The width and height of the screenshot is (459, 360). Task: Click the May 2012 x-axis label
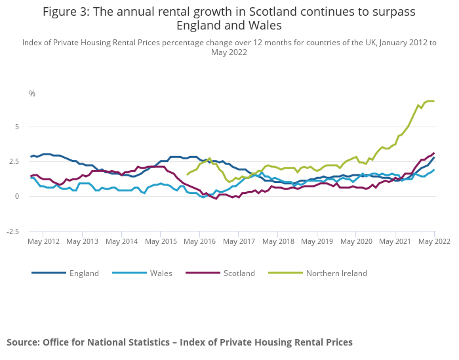point(43,241)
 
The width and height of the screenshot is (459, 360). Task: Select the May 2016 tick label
point(200,241)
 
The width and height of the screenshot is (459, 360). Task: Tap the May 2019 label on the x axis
point(317,241)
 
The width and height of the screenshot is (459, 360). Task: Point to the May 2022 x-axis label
point(435,241)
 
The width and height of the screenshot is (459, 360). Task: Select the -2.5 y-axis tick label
point(21,231)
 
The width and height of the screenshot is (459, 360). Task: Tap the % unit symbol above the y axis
point(31,94)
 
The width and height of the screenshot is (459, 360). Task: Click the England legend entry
point(84,273)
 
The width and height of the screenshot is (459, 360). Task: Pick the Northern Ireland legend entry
point(336,273)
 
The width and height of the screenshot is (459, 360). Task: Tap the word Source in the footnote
point(23,342)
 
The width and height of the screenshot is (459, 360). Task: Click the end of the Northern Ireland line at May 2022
point(434,101)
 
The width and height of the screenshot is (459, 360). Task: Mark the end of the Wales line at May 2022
point(434,170)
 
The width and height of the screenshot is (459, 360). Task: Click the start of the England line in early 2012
point(31,157)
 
